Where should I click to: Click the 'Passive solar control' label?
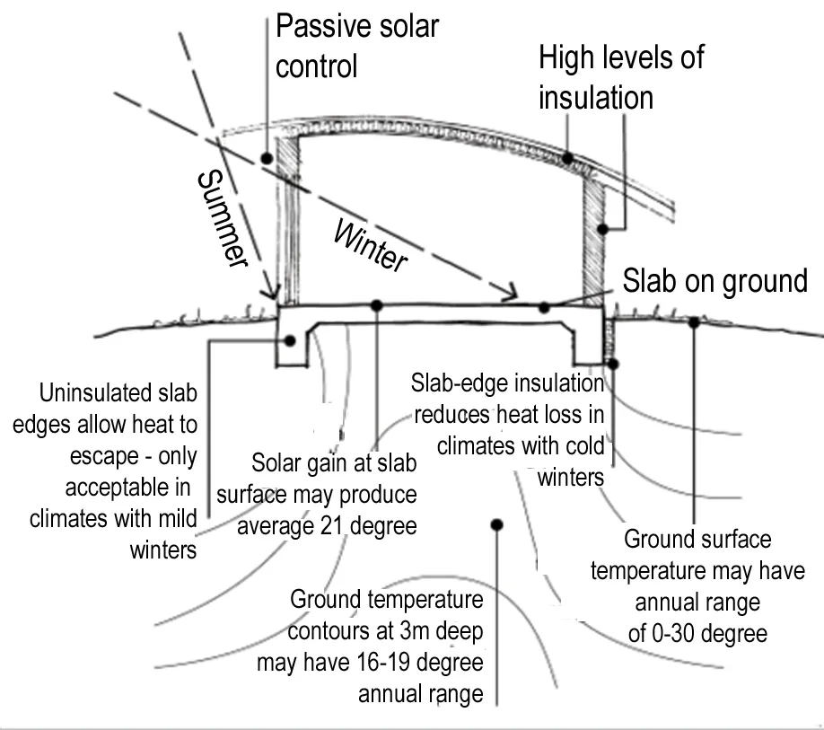[x=356, y=45]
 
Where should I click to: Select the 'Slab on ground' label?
[x=714, y=281]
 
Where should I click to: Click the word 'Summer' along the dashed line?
[x=219, y=219]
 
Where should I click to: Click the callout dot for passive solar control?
[x=267, y=158]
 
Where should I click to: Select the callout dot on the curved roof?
[x=568, y=158]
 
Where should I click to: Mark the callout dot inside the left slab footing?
[x=291, y=341]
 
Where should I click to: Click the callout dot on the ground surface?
[x=694, y=321]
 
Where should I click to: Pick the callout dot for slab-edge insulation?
[x=613, y=363]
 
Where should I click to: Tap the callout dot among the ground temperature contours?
[x=496, y=523]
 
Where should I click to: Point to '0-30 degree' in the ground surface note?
[x=697, y=633]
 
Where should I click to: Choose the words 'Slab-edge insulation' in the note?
[x=507, y=383]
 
